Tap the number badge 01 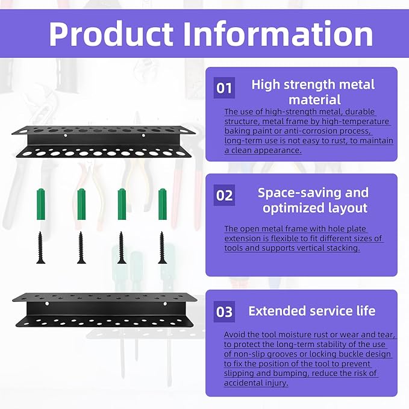(224, 89)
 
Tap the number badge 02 (224, 196)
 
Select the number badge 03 (224, 311)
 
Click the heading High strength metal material (313, 92)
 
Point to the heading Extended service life (311, 311)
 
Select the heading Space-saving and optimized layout (313, 201)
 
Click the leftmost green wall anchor (41, 204)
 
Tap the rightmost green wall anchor (161, 204)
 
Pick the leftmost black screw (41, 247)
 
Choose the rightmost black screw (161, 247)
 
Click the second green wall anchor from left (81, 204)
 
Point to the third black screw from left (122, 247)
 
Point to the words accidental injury (255, 383)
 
